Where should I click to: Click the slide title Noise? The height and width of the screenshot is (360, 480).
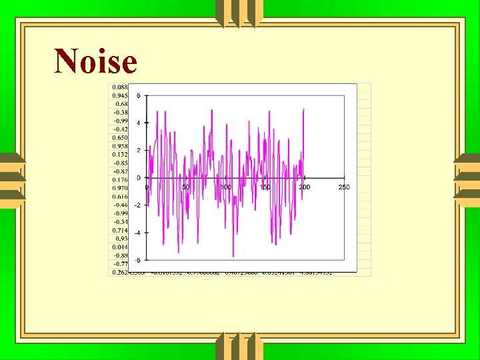tap(95, 61)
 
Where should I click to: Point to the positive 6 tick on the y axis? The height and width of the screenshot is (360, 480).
tap(138, 95)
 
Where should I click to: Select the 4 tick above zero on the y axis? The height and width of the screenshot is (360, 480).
tap(138, 123)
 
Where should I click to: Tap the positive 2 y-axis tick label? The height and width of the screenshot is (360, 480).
tap(138, 150)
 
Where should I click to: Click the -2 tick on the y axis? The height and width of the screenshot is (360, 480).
tap(137, 205)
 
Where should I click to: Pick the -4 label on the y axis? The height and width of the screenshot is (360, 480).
tap(137, 233)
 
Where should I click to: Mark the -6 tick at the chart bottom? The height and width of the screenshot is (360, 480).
tap(137, 260)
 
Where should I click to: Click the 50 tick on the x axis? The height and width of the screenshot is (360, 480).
tap(186, 187)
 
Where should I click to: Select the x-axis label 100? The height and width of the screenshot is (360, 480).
tap(225, 187)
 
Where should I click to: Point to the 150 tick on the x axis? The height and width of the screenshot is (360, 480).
tap(265, 187)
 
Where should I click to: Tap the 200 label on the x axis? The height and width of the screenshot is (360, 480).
tap(304, 187)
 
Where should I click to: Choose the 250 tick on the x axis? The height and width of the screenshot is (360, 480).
tap(344, 187)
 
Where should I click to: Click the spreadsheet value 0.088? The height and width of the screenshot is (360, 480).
tap(120, 87)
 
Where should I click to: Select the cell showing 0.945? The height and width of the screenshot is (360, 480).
tap(120, 95)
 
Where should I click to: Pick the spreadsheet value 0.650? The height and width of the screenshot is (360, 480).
tap(120, 137)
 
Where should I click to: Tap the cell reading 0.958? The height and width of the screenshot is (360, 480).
tap(120, 146)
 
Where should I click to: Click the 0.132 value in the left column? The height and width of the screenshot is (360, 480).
tap(120, 154)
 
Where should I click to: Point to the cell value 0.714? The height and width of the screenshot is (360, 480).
tap(120, 230)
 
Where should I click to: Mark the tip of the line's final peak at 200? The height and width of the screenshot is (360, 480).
tap(303, 109)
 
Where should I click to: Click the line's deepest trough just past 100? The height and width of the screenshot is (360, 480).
tap(233, 256)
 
